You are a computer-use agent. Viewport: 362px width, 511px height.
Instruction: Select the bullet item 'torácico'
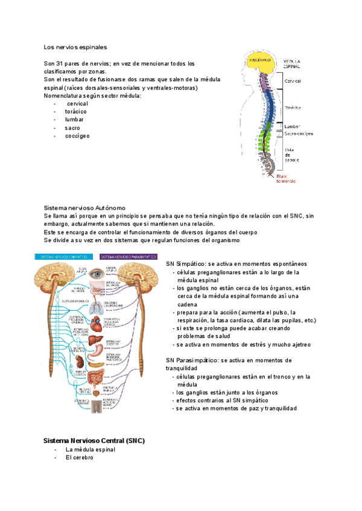(75, 111)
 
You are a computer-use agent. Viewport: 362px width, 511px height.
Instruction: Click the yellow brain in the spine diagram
(260, 61)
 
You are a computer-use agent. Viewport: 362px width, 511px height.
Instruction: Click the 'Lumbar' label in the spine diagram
(293, 127)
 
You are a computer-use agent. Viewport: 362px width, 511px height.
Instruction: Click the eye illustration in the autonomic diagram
(96, 274)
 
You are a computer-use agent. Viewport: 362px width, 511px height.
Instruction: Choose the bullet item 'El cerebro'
(80, 457)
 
